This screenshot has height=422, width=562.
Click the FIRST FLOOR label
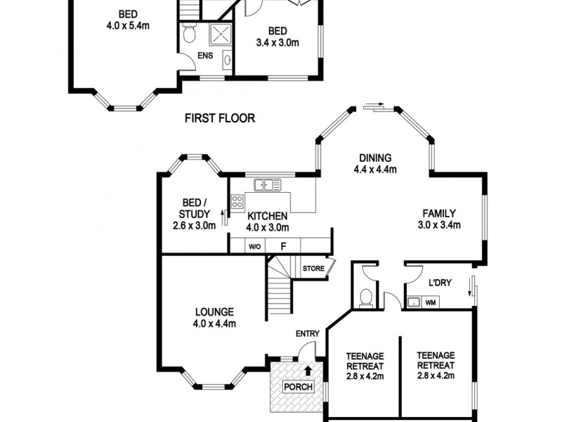coord(220,118)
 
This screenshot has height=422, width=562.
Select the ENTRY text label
coord(308,333)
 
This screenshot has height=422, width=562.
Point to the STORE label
coord(313,268)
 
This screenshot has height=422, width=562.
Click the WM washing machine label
coord(431,302)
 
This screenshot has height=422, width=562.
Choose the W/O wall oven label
coord(254,247)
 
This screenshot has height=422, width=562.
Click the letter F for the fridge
coord(283,247)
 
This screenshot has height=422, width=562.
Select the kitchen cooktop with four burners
coord(237,200)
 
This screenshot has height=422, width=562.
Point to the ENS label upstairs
coord(205,55)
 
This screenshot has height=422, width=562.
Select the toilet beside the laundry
coord(365,299)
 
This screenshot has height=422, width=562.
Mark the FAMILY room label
coord(439,214)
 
